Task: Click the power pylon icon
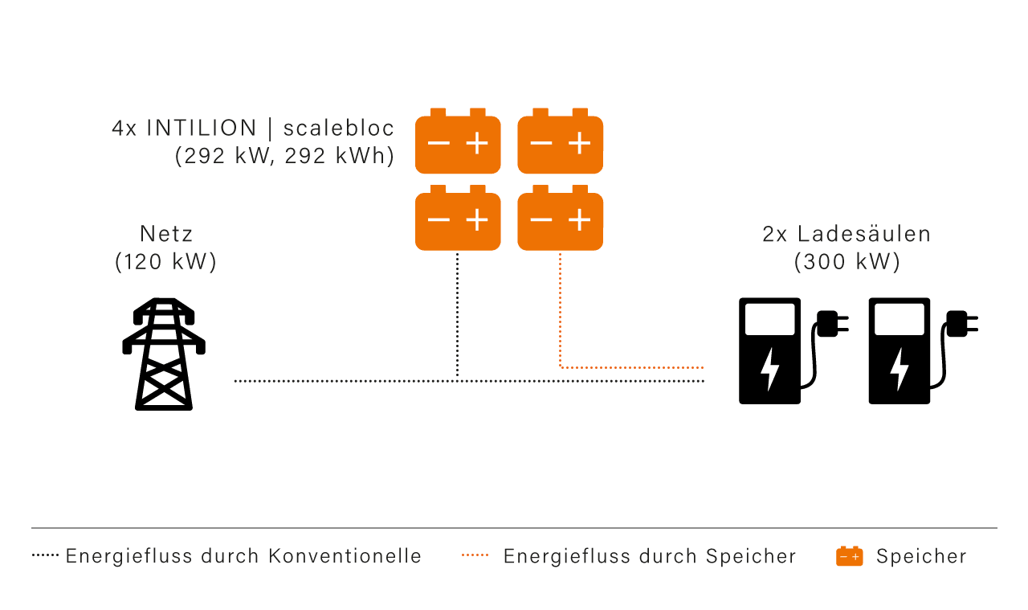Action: click(x=164, y=354)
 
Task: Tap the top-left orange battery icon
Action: click(x=458, y=142)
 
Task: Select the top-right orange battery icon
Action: click(x=560, y=142)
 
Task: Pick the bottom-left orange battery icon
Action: click(x=458, y=219)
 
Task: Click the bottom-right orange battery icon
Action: click(x=560, y=219)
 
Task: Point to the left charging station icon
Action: click(x=769, y=351)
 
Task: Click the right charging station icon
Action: click(x=899, y=351)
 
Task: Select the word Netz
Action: click(x=166, y=234)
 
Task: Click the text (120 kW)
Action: click(x=166, y=262)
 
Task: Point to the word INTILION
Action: click(x=202, y=129)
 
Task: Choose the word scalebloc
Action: click(x=339, y=129)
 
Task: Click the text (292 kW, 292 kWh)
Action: click(x=284, y=156)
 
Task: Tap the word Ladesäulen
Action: click(x=864, y=234)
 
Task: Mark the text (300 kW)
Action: click(x=847, y=262)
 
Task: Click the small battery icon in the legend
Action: click(x=849, y=556)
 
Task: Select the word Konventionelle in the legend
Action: click(x=345, y=556)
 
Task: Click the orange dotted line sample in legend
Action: click(x=475, y=555)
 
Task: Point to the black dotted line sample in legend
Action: click(x=45, y=555)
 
